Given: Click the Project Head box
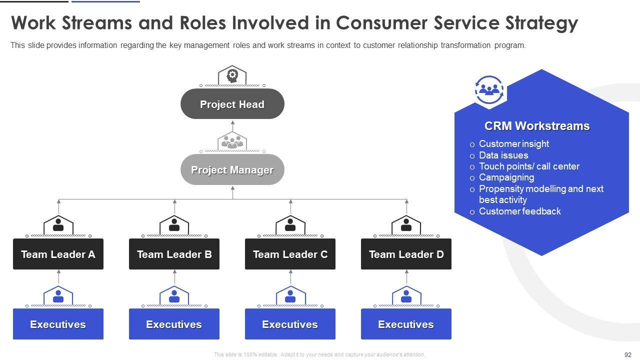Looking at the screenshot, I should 232,104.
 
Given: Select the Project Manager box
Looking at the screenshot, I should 232,169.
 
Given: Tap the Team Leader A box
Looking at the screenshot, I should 58,254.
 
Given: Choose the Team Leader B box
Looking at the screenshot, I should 174,254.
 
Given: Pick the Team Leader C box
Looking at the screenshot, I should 290,254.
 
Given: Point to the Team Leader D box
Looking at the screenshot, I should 406,254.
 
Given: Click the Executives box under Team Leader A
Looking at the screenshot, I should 58,324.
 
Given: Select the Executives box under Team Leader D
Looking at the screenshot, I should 406,324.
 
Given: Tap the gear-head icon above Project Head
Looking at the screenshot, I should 232,75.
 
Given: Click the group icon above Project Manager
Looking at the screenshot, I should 232,141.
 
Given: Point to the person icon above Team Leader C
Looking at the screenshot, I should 290,224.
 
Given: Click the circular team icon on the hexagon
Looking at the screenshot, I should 489,90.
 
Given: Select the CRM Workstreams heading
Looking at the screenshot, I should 537,126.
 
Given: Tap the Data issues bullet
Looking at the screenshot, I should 503,155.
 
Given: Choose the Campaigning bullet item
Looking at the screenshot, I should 506,177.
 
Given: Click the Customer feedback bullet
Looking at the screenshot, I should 519,211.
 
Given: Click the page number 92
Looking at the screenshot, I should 628,354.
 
